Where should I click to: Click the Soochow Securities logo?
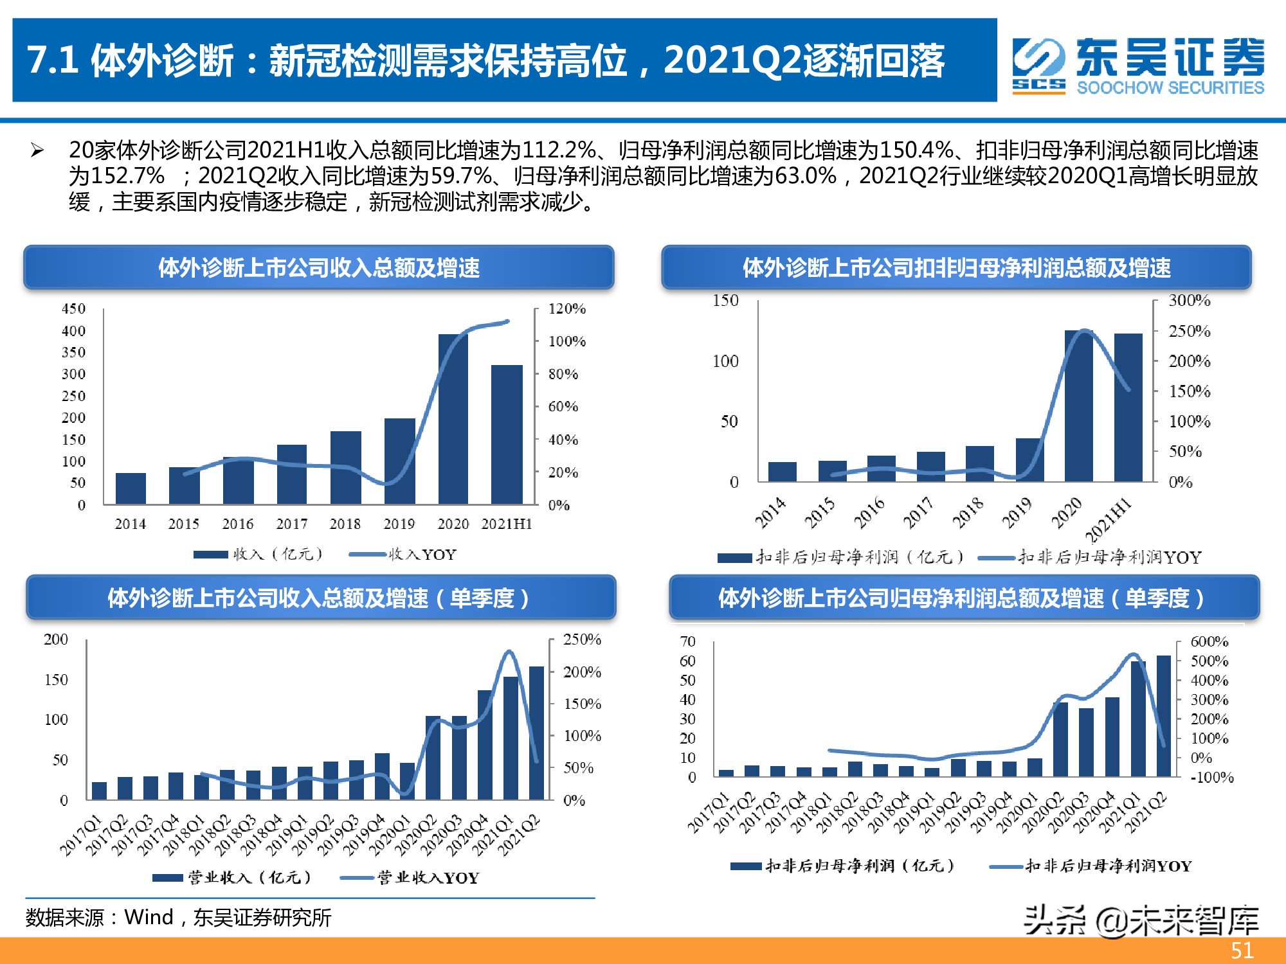coord(1138,66)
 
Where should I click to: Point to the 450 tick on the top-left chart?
coord(73,309)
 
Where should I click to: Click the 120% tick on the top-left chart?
coord(566,309)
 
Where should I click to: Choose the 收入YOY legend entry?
coord(403,555)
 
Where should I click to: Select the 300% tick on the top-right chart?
coord(1189,301)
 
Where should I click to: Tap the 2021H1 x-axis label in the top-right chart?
coord(1108,520)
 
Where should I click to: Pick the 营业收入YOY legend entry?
coord(410,878)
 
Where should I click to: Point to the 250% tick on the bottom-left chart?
coord(581,640)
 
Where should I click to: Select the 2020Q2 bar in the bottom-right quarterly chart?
coord(1060,739)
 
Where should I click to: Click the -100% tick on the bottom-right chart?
coord(1211,778)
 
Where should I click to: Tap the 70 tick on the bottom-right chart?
coord(687,641)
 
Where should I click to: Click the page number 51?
coord(1242,951)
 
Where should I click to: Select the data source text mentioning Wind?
coord(178,917)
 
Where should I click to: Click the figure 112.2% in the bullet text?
coord(559,150)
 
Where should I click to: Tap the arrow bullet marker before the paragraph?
coord(37,151)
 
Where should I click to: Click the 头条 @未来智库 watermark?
coord(1141,920)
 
